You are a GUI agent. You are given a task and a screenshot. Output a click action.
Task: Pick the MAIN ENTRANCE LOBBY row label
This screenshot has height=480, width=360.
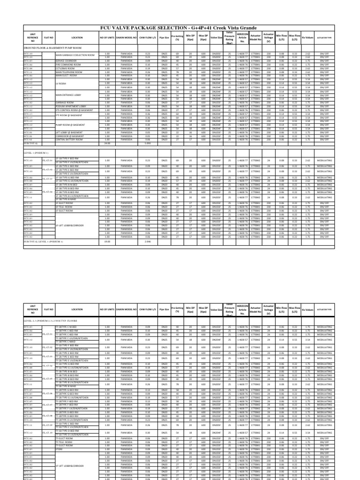coord(68,95)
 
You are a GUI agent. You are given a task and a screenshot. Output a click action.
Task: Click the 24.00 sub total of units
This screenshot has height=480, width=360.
coord(106,143)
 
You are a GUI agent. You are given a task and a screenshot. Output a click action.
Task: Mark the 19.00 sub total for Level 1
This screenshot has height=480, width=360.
coord(106,242)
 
